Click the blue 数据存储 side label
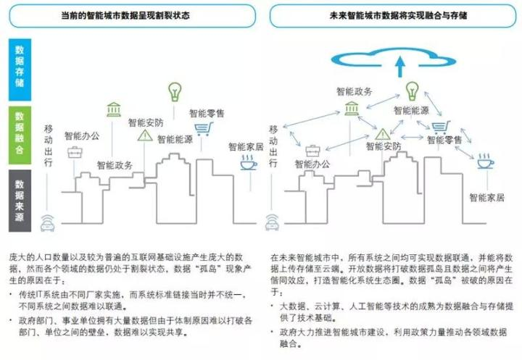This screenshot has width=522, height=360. tap(20, 66)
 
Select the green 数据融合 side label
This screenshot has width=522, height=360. tap(20, 131)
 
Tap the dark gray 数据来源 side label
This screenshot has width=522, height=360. tap(20, 195)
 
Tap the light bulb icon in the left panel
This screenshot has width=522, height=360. tap(174, 91)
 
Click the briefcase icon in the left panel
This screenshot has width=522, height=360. tap(75, 152)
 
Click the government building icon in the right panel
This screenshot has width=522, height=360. tap(353, 109)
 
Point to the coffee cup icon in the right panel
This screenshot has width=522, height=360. tap(484, 162)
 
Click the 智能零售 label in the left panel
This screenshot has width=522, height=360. tap(207, 113)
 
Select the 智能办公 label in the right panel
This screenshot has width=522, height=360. tap(312, 165)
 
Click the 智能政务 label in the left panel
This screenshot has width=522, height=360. tap(115, 165)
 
